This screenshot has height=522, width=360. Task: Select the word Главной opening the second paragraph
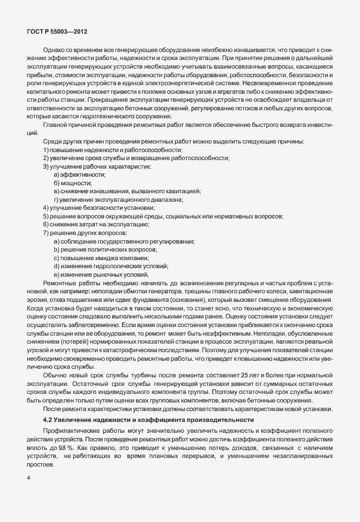tap(56, 125)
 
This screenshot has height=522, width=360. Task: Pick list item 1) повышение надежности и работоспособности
tap(95, 149)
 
